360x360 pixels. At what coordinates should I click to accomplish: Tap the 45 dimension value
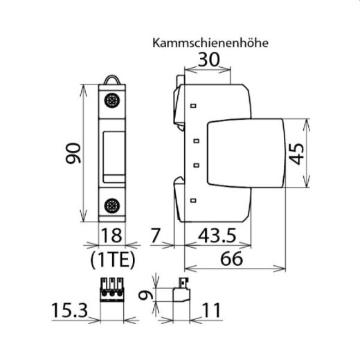(x=296, y=152)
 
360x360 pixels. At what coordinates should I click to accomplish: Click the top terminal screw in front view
(x=111, y=101)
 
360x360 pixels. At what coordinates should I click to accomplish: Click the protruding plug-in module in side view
(x=246, y=153)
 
